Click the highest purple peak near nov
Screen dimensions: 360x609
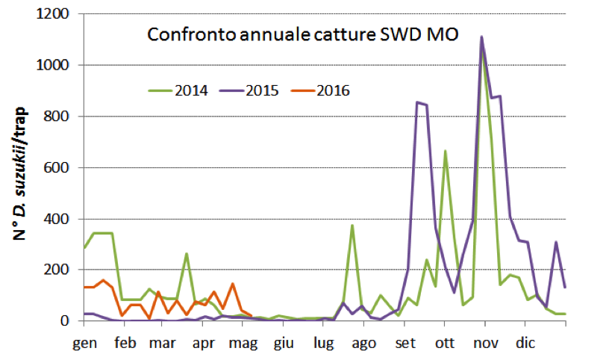(x=481, y=37)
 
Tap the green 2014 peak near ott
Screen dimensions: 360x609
(x=445, y=151)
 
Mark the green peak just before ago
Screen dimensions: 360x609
(x=352, y=225)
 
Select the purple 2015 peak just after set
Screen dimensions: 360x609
(x=416, y=102)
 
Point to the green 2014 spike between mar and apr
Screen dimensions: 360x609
(x=186, y=254)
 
